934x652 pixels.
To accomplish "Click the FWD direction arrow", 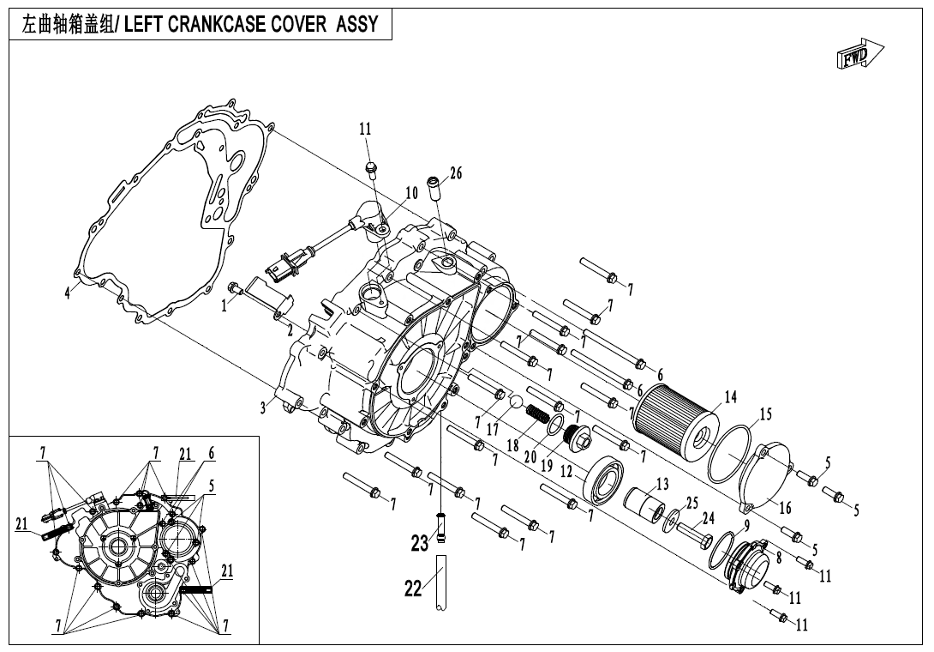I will [859, 55].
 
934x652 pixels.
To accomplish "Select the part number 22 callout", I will [414, 589].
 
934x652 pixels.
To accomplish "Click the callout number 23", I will [419, 543].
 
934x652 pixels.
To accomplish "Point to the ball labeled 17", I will [517, 401].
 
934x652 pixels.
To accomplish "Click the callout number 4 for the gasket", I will [69, 293].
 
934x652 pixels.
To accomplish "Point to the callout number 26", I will [456, 173].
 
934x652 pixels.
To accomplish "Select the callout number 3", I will [264, 407].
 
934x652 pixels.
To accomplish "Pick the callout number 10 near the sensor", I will [411, 193].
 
